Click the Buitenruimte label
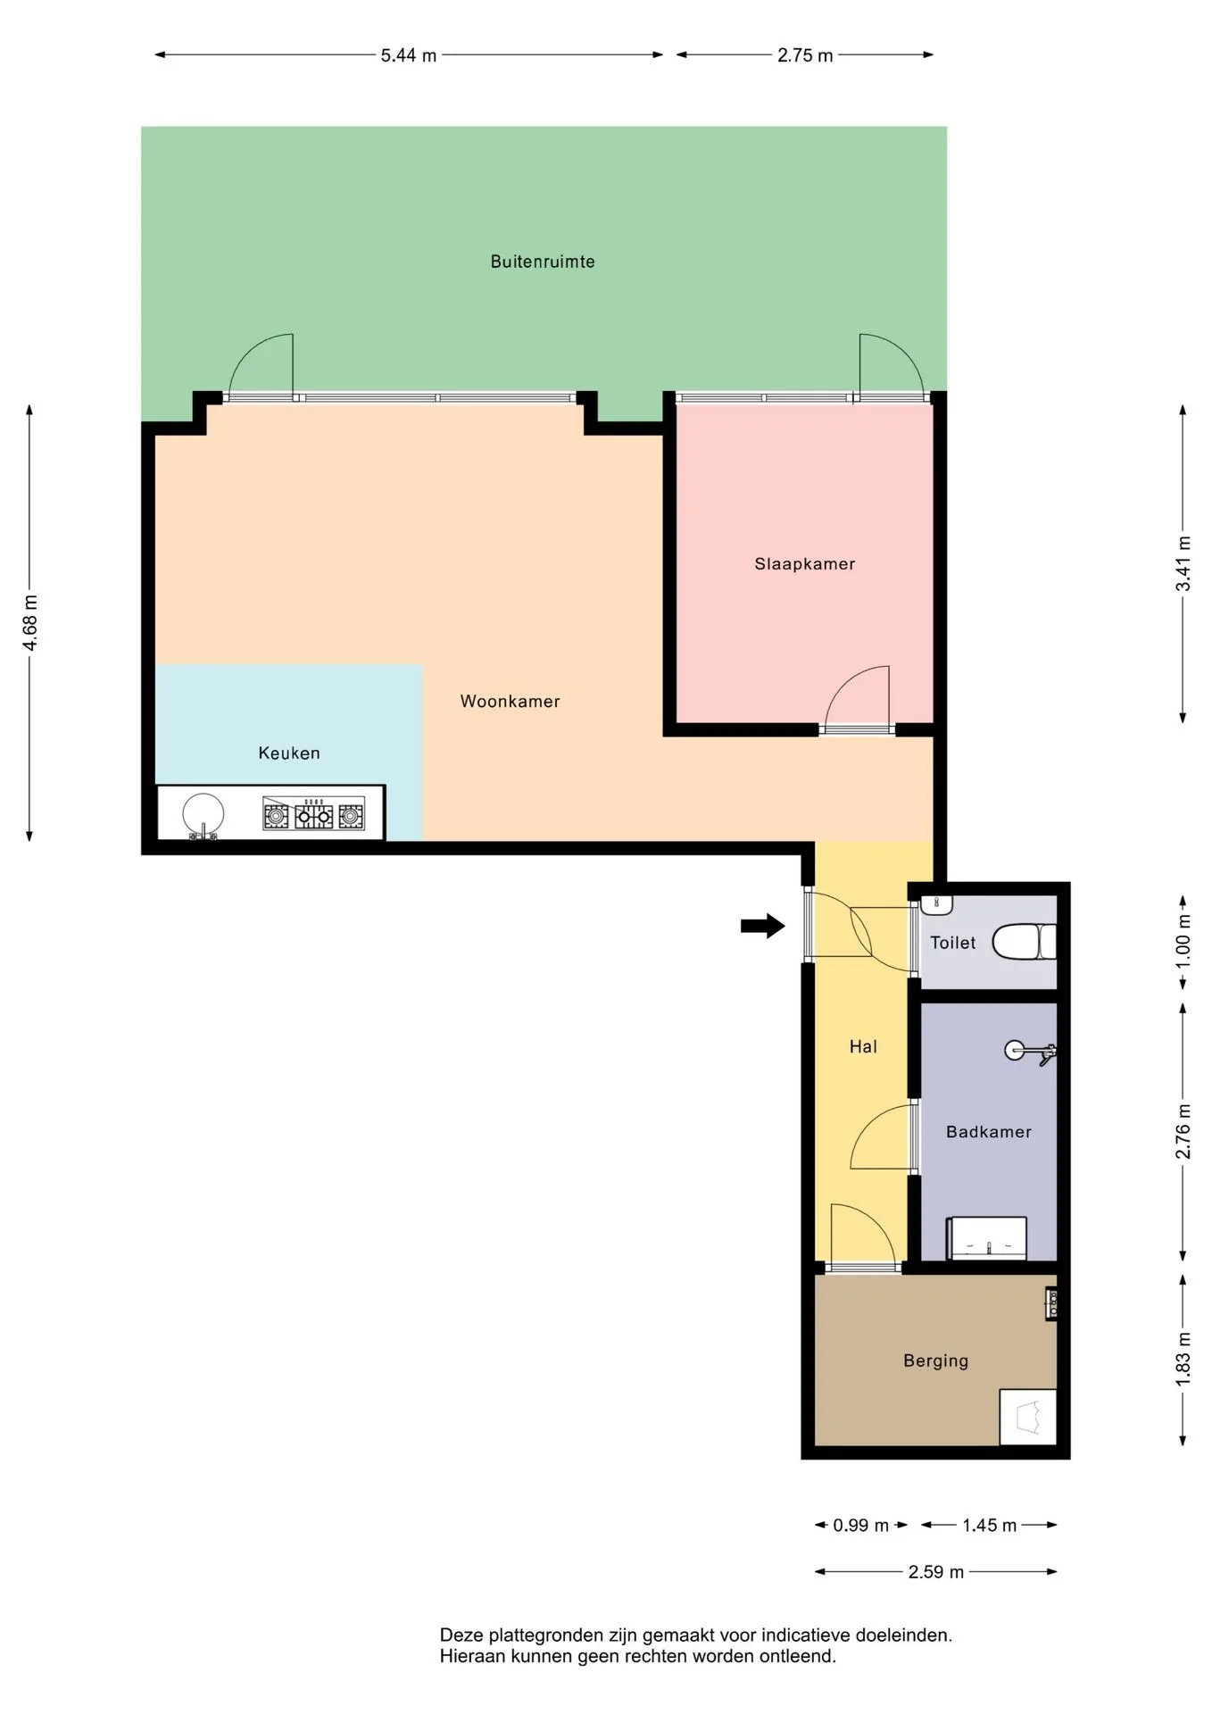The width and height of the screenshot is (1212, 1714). (x=543, y=262)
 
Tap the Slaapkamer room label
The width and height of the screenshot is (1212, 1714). (x=805, y=563)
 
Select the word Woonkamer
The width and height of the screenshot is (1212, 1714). (x=510, y=701)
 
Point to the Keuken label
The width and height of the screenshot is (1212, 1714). (x=289, y=753)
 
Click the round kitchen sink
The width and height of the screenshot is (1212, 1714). (x=203, y=814)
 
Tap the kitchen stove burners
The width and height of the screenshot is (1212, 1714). (x=313, y=814)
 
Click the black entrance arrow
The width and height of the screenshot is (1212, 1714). (x=763, y=926)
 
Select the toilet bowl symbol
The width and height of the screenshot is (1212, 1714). (x=1025, y=942)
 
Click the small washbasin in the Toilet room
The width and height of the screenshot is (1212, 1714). (x=937, y=903)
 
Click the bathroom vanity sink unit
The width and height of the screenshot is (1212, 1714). (x=986, y=1237)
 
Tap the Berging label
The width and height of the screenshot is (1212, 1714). (x=935, y=1360)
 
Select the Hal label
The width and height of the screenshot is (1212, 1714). (x=863, y=1046)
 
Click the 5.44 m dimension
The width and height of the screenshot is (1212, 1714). (x=409, y=55)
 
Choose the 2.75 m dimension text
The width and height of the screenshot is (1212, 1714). (x=805, y=55)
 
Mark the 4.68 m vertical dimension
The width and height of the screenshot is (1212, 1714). (x=29, y=622)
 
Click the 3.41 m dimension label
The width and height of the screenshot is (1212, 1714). (x=1183, y=563)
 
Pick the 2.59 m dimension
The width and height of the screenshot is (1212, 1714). (x=936, y=1572)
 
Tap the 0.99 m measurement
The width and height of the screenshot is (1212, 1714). (x=861, y=1526)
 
